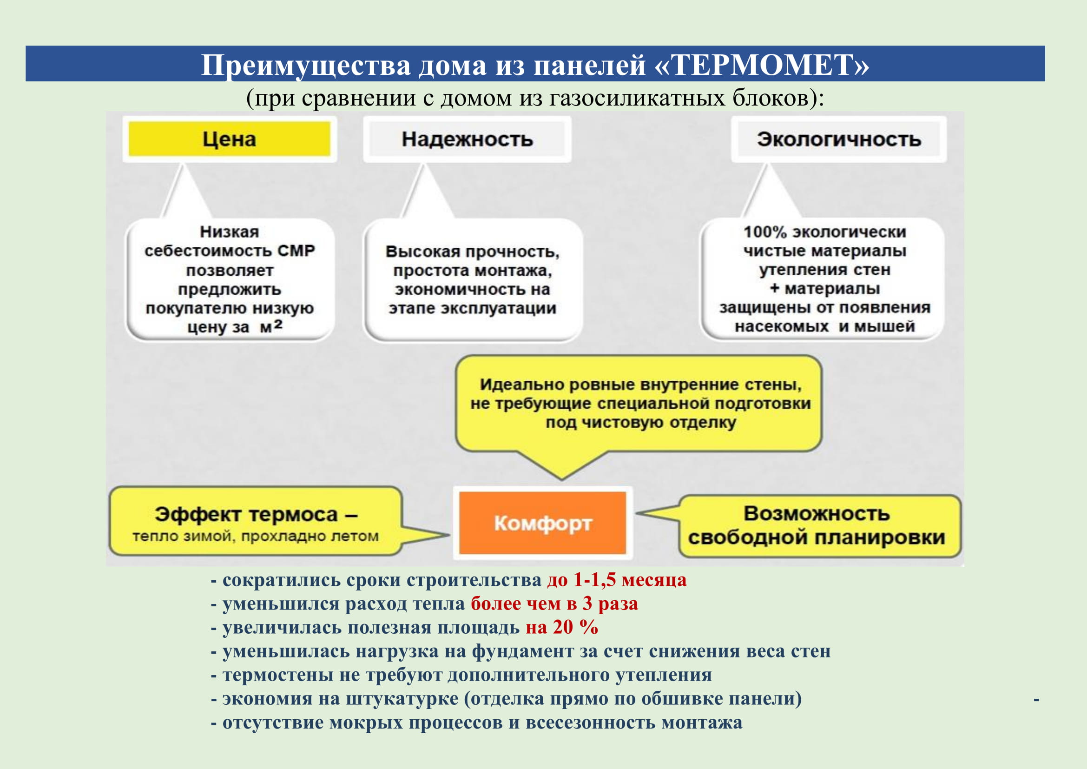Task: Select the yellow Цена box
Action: [x=229, y=139]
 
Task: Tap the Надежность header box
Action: [x=467, y=139]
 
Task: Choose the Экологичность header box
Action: [x=838, y=139]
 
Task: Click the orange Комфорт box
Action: [x=542, y=523]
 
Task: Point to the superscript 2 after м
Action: [x=278, y=324]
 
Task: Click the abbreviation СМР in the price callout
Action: [x=296, y=251]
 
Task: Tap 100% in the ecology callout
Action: [x=764, y=232]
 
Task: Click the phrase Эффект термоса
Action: [x=246, y=514]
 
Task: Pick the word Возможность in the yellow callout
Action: [x=817, y=513]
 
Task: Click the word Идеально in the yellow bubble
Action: [x=521, y=384]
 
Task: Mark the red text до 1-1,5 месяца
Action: [x=616, y=580]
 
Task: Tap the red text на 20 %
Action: [x=561, y=627]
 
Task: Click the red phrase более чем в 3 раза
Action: [x=554, y=603]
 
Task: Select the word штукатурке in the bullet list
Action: [x=402, y=698]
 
